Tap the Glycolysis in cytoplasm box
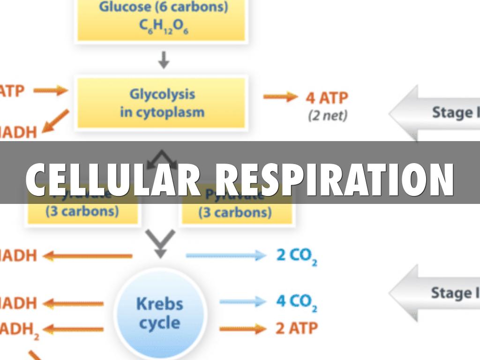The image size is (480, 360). coord(162,103)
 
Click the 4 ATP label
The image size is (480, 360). coord(327,98)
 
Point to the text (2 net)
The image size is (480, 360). coord(327,115)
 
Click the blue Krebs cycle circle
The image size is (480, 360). coord(159,313)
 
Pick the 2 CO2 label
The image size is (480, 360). coord(296,256)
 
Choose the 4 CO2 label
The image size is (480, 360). coord(296,301)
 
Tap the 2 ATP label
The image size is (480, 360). coord(296,328)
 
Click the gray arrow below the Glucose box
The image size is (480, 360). coord(163,60)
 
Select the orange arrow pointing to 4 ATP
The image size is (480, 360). coord(280,97)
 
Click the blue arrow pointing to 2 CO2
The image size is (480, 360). coord(226,256)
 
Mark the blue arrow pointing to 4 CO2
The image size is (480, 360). coord(242,301)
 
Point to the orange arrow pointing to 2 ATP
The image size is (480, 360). coord(242,329)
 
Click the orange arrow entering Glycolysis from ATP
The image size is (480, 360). coord(51,91)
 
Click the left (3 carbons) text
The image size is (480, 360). coord(82,211)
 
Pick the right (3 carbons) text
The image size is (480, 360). coord(235,212)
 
